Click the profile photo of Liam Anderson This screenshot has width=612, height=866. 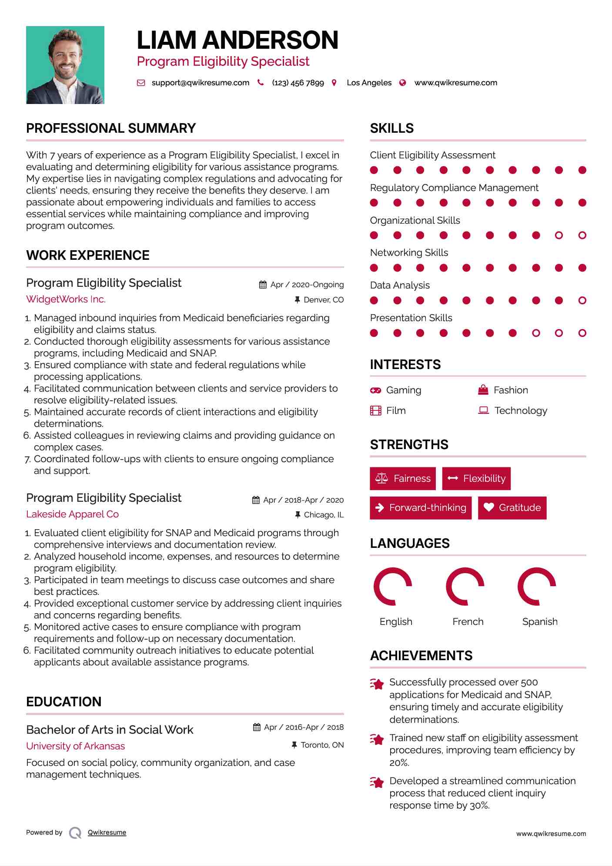click(x=65, y=65)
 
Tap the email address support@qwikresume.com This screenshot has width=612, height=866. click(x=200, y=83)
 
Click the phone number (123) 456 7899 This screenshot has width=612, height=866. click(x=298, y=83)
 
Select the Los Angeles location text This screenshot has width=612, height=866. click(x=369, y=83)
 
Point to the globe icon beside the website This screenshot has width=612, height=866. click(x=403, y=83)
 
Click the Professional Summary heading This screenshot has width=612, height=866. click(x=111, y=128)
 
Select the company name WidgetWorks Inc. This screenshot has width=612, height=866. click(x=66, y=299)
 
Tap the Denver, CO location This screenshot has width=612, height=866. click(x=323, y=300)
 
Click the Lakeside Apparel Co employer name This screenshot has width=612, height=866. click(x=72, y=514)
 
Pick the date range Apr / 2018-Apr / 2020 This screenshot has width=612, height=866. click(x=303, y=500)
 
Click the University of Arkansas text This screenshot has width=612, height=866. click(x=75, y=746)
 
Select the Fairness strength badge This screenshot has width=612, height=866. click(x=403, y=479)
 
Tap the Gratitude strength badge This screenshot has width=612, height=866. click(x=512, y=507)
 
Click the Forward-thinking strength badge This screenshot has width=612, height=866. click(x=421, y=507)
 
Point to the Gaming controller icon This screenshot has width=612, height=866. click(x=375, y=390)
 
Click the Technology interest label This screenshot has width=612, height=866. click(x=521, y=410)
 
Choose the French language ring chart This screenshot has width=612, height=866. click(x=465, y=586)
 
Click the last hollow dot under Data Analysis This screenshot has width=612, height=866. click(x=582, y=300)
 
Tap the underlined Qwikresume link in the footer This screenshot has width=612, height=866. click(x=107, y=832)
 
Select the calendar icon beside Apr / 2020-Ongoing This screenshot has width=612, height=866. click(x=263, y=285)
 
